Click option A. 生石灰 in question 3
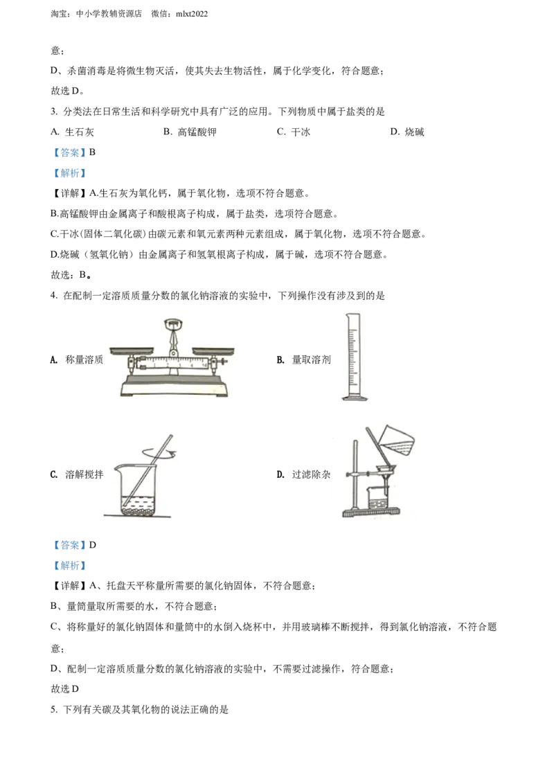coord(73,132)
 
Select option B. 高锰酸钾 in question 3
coord(190,132)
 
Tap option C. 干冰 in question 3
coord(294,132)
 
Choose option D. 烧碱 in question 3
coord(407,132)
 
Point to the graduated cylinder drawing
coord(354,357)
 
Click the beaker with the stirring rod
coord(140,477)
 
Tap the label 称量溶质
coord(84,359)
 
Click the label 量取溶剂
coord(311,359)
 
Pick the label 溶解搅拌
coord(84,474)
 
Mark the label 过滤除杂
coord(311,474)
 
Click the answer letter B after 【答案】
coord(93,152)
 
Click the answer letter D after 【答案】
coord(93,545)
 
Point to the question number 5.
coord(53,709)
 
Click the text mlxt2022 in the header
coord(192,14)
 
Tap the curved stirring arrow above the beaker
coord(159,453)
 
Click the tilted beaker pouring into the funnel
coord(397,440)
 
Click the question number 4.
coord(53,296)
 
